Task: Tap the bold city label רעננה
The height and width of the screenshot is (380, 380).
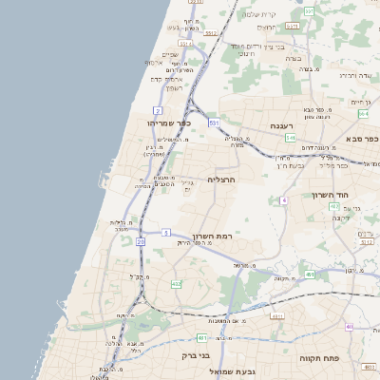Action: pos(282,125)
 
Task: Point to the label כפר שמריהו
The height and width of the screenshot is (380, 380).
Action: pos(170,123)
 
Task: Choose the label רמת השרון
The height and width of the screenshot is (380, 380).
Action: pos(213,236)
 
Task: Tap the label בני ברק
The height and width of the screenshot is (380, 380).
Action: pos(194,356)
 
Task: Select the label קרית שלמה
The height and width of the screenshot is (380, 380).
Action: pos(259,14)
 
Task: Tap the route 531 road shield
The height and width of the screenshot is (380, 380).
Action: pos(215,123)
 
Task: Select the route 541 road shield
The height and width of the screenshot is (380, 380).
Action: pos(290,138)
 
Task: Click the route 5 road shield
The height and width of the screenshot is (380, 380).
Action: pos(165,232)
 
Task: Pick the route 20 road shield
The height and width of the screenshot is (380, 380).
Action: pos(141,242)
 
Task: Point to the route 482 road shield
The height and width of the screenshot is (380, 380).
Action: pos(176,283)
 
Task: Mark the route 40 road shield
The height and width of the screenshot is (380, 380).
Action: pos(350,326)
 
